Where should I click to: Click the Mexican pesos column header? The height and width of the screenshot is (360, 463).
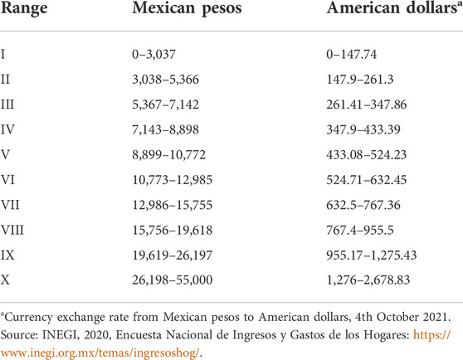point(187,8)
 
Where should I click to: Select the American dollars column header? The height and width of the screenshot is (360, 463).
point(394,8)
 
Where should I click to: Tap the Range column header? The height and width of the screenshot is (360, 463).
point(24,9)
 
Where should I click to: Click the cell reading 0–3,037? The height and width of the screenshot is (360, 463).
point(154,54)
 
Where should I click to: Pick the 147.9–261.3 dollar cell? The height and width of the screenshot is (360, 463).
point(360,80)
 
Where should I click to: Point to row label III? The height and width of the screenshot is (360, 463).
point(7,105)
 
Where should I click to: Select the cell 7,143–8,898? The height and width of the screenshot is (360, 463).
point(166,129)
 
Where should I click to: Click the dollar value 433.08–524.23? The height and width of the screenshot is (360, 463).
point(367,154)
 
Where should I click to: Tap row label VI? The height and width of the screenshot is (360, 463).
point(7,180)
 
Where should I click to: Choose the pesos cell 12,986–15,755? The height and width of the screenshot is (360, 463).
point(173,205)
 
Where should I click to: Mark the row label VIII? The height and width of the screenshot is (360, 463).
point(12,230)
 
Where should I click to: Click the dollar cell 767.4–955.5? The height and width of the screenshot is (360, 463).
point(360,230)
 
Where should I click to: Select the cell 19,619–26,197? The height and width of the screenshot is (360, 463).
point(173,255)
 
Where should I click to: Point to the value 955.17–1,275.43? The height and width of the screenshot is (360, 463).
point(372,255)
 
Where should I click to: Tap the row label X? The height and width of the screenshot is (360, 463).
point(5,280)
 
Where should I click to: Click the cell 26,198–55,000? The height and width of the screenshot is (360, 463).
point(173,280)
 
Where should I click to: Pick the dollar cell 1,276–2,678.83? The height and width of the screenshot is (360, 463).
point(368,280)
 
